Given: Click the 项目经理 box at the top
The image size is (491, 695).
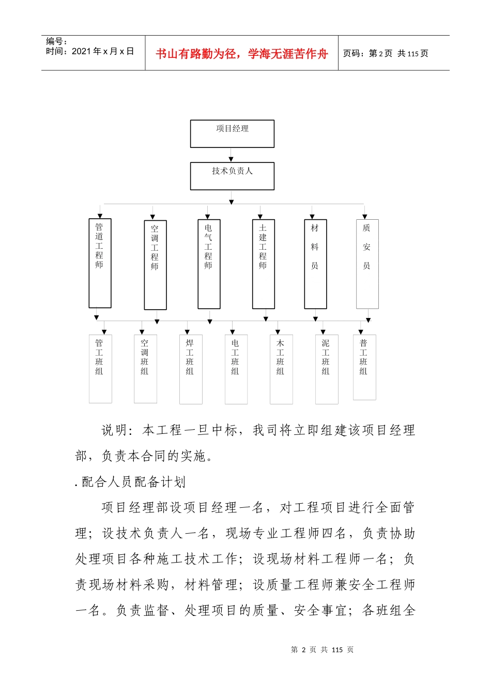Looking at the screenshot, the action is [x=232, y=133].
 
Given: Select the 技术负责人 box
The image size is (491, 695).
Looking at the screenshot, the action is [x=232, y=176].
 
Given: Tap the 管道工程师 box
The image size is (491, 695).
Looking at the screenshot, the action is [x=100, y=263].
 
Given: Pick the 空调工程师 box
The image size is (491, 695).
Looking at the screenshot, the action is [x=155, y=265].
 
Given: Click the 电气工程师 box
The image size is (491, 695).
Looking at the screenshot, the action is [x=209, y=264].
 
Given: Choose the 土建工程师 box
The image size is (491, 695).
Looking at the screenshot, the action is [x=263, y=264].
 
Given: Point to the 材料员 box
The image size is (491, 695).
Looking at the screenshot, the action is [x=315, y=264].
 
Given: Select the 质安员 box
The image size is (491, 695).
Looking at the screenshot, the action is [x=367, y=264].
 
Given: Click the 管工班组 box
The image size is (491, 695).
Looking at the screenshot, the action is [x=100, y=368].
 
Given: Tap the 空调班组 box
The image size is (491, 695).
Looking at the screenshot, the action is [x=145, y=368].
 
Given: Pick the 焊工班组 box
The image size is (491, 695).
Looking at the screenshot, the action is [x=191, y=369].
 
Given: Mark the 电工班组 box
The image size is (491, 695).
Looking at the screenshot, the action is [x=236, y=369].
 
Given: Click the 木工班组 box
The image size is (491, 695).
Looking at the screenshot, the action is [x=281, y=369].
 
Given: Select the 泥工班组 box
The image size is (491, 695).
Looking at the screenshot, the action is [x=327, y=369].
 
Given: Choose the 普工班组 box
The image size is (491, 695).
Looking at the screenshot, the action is [x=364, y=367].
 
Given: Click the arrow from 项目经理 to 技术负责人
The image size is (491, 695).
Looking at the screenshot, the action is [x=231, y=155].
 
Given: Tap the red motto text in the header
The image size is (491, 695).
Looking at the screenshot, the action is [x=242, y=54].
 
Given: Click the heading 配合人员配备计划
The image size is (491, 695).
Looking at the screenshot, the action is [x=133, y=482].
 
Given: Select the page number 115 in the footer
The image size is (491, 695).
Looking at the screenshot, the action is [x=337, y=649].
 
